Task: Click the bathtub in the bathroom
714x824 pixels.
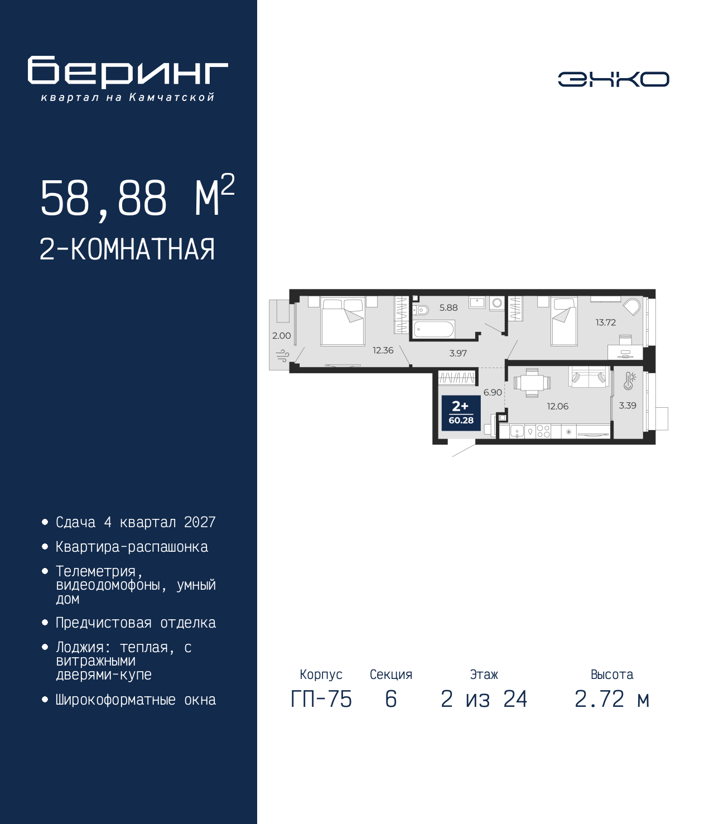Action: click(433, 330)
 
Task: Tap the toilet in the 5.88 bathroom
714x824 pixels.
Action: click(420, 310)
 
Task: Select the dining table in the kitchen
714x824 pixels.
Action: click(532, 383)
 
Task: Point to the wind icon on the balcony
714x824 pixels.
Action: click(283, 355)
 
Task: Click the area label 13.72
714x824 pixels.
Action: click(606, 322)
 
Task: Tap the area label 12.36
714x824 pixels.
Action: click(383, 350)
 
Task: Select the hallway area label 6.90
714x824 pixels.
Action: click(493, 392)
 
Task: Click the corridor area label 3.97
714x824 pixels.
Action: click(457, 353)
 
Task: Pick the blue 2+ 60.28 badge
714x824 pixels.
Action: click(461, 413)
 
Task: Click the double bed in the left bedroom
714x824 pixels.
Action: click(343, 322)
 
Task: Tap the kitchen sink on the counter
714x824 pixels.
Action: click(517, 432)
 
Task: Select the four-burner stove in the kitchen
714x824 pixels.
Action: click(543, 432)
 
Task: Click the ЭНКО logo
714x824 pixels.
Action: click(613, 79)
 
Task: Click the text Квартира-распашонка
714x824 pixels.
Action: click(132, 547)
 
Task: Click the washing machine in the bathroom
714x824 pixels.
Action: click(496, 303)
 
